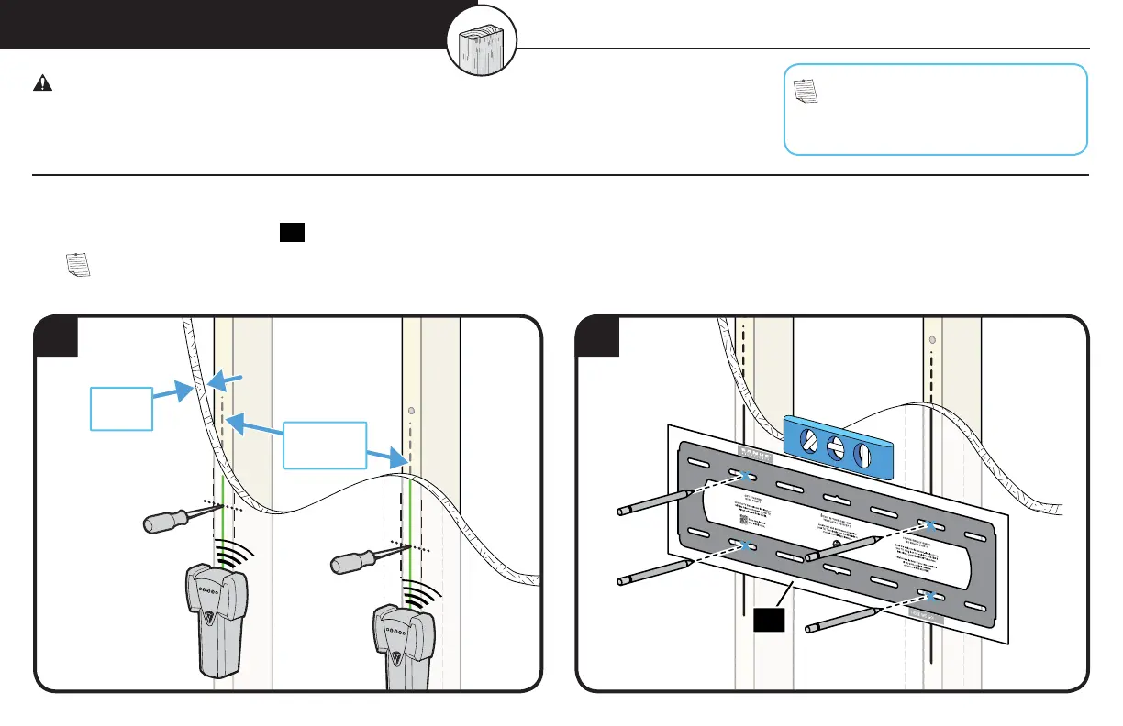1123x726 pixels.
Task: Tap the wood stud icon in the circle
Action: point(482,45)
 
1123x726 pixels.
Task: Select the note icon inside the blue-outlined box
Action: point(805,90)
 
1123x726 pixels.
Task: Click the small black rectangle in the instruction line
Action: point(292,235)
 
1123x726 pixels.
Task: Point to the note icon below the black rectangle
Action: point(80,266)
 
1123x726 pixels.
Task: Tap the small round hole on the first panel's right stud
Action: point(412,411)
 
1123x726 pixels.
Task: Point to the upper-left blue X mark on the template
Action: point(745,475)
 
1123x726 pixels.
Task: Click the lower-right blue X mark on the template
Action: point(930,597)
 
